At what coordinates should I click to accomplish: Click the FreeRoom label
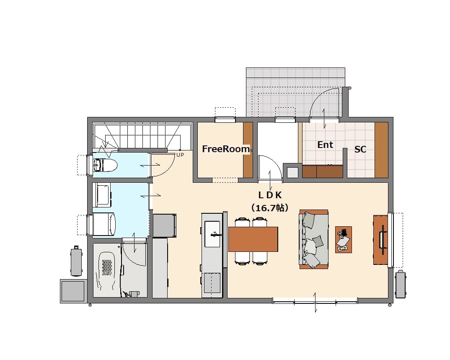226,149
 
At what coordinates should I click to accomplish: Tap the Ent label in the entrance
325,145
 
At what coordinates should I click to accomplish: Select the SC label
360,149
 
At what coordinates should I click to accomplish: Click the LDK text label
270,195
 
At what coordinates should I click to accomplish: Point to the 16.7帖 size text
270,207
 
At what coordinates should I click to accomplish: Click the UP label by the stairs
180,155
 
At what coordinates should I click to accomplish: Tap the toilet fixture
105,165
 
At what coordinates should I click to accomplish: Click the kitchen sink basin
212,234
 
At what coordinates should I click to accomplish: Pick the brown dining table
253,239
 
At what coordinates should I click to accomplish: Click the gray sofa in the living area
314,239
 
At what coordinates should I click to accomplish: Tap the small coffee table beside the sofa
344,239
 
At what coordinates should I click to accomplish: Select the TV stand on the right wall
380,240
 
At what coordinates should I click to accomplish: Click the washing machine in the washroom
104,224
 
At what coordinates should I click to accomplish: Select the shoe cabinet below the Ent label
323,171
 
